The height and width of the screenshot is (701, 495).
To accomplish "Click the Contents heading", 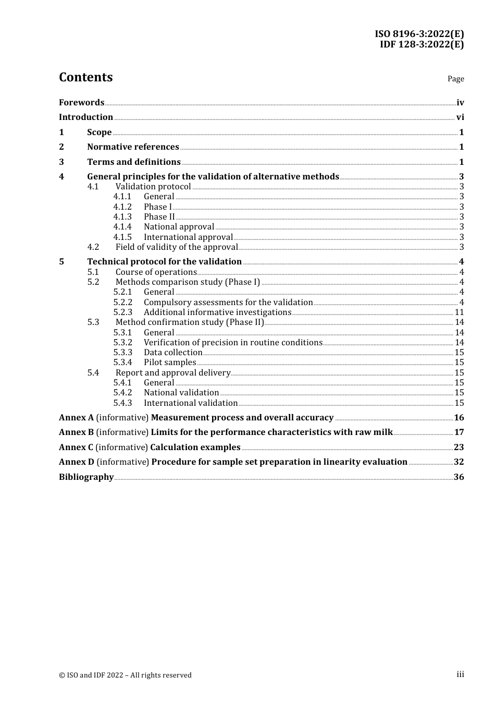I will point(85,77).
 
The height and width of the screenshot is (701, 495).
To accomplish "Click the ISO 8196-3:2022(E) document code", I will point(419,34).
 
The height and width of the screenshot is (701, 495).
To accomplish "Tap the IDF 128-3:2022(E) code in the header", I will point(422,44).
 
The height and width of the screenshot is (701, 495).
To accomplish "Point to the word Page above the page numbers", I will point(455,79).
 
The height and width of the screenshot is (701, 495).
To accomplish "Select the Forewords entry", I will point(81,103).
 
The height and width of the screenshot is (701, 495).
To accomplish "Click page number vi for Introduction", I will point(460,117).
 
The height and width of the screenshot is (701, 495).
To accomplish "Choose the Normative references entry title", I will point(133,147).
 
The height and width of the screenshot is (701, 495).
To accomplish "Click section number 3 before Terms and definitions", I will point(61,162).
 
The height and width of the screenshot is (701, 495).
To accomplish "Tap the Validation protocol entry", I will point(153,187).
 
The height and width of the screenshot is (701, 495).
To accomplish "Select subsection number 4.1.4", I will point(122,227).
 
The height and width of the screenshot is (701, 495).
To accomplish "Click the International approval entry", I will point(188,237).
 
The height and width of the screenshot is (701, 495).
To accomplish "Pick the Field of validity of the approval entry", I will point(177,247).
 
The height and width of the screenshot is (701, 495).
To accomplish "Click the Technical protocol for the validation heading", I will point(164,262).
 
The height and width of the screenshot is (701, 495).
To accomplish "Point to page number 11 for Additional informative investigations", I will point(459,312).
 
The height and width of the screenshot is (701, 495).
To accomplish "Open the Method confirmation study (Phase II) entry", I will point(190,322).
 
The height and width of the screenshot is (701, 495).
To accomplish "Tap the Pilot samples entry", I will point(170,362).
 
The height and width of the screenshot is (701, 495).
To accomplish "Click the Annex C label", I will point(76,448).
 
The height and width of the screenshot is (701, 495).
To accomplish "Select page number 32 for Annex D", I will point(459,462).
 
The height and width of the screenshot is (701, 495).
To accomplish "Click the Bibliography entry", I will point(86,477).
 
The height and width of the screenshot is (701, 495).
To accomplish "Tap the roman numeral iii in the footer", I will point(460,674).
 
